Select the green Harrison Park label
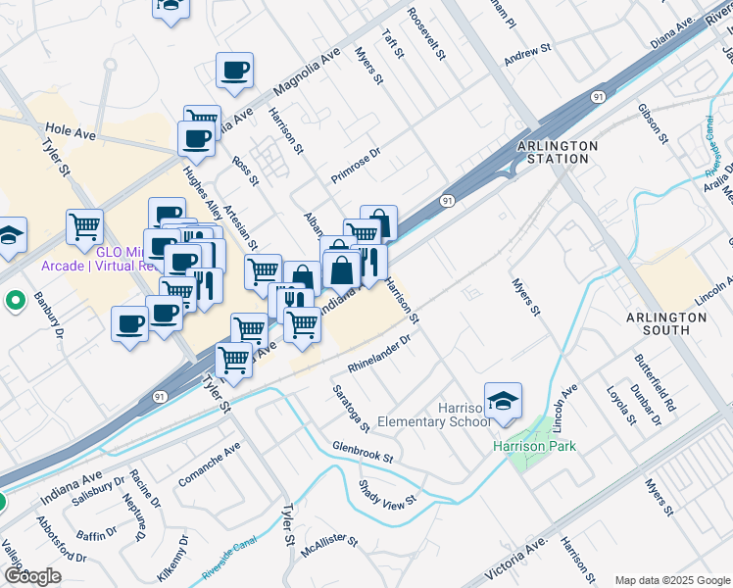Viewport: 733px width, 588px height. [x=534, y=447]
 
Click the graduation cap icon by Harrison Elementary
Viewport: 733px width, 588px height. [x=503, y=401]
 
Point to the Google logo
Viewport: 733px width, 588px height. [x=31, y=575]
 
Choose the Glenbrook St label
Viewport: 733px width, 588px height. [x=362, y=452]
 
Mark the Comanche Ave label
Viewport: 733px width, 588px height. [x=210, y=465]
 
